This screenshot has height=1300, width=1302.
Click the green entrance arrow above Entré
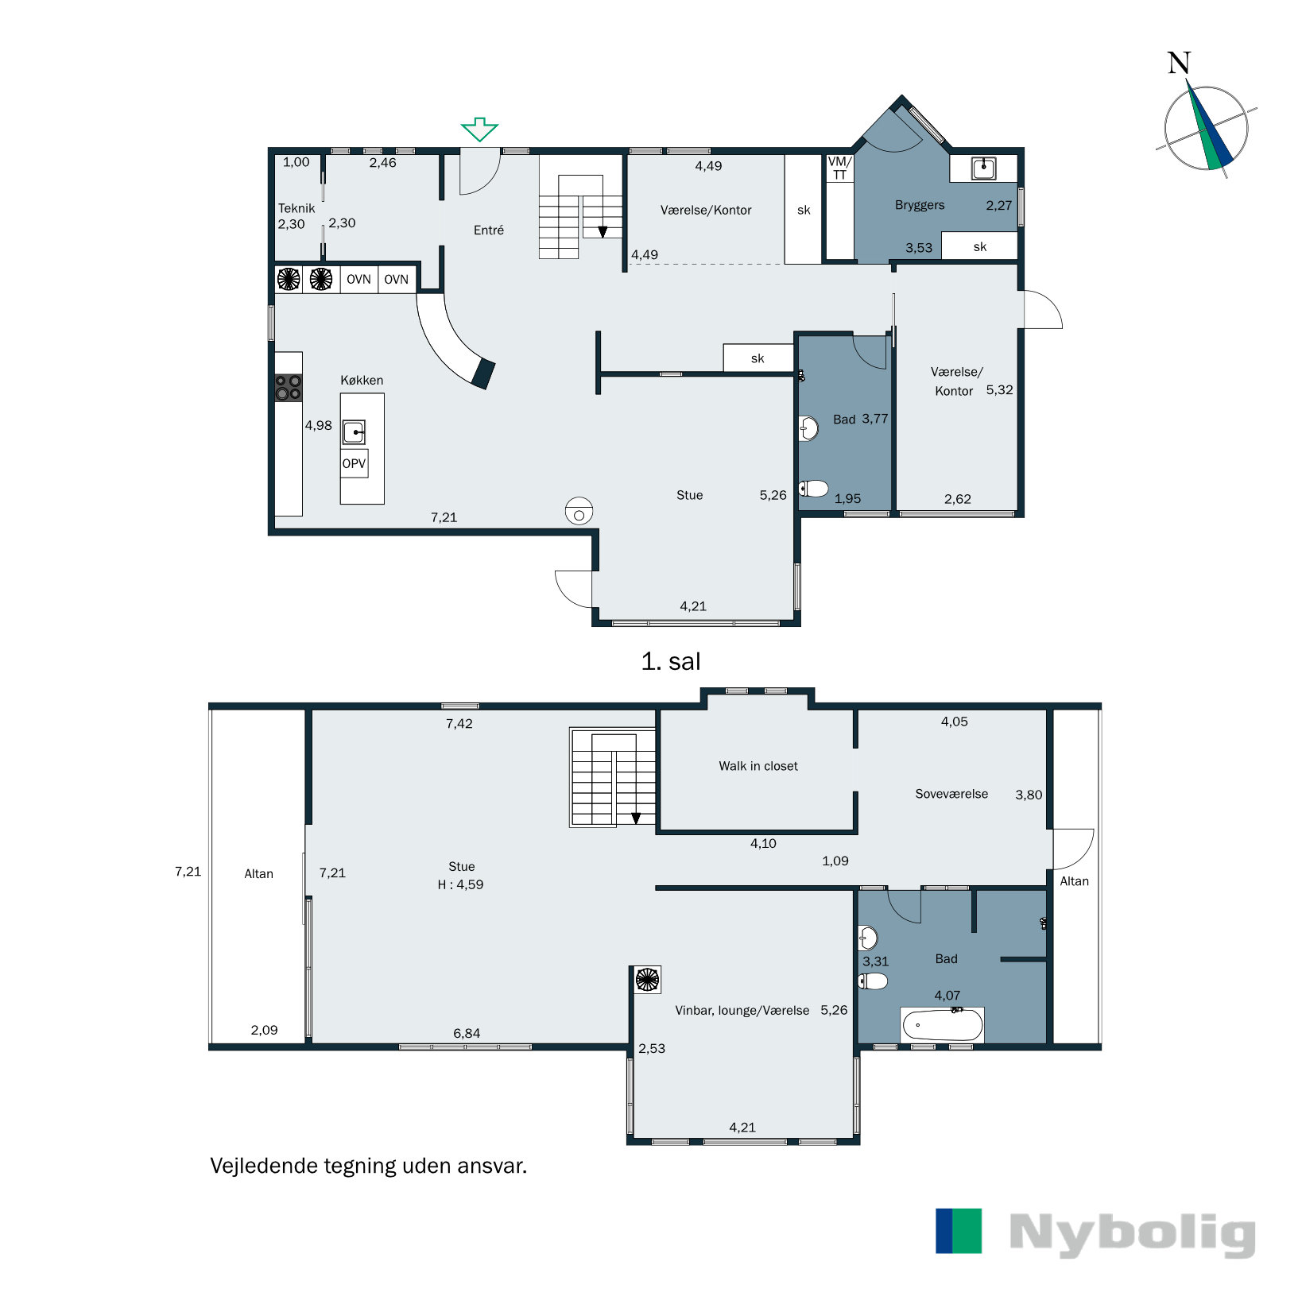pyautogui.click(x=479, y=129)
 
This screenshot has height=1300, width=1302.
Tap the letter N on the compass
pyautogui.click(x=1179, y=63)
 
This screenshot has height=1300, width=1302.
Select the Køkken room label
pyautogui.click(x=362, y=380)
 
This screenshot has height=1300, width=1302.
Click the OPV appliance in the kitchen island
pyautogui.click(x=354, y=463)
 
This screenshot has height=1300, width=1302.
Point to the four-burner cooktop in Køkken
pyautogui.click(x=289, y=388)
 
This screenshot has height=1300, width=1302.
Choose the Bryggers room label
pyautogui.click(x=920, y=205)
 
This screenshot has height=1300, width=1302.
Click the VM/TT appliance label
pyautogui.click(x=840, y=168)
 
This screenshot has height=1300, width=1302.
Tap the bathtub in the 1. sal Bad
pyautogui.click(x=942, y=1024)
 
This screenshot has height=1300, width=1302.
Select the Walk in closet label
pyautogui.click(x=758, y=766)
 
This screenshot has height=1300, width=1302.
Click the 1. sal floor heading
pyautogui.click(x=671, y=661)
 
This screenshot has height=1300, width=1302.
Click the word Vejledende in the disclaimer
pyautogui.click(x=263, y=1166)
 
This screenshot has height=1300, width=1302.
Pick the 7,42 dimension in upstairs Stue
pyautogui.click(x=459, y=723)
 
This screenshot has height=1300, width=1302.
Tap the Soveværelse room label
pyautogui.click(x=951, y=794)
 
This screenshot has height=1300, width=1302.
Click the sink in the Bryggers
pyautogui.click(x=984, y=168)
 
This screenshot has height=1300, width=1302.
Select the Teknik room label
pyautogui.click(x=296, y=208)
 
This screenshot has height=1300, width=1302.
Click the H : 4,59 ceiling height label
pyautogui.click(x=460, y=884)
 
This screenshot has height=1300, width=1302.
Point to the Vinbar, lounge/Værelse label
pyautogui.click(x=742, y=1011)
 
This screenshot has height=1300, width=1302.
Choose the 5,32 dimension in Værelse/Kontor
pyautogui.click(x=1000, y=389)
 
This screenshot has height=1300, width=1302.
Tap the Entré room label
pyautogui.click(x=489, y=230)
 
